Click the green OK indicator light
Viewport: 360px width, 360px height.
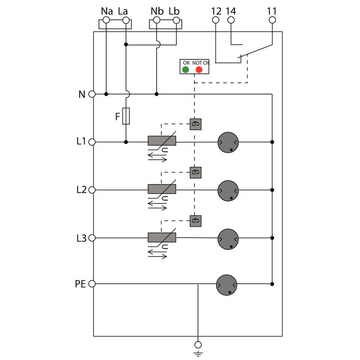[x=185, y=69]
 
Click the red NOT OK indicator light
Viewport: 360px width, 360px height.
[x=199, y=69]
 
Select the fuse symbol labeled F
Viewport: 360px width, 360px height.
[x=126, y=116]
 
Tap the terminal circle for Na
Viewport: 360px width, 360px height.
[x=106, y=20]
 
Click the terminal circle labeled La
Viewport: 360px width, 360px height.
[x=126, y=20]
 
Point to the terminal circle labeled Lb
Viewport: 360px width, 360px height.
[x=176, y=20]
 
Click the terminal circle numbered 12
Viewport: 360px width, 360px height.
[x=216, y=20]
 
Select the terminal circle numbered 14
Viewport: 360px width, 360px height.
[x=231, y=20]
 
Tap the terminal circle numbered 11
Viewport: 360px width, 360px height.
[x=272, y=20]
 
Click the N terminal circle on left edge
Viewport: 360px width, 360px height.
[x=92, y=94]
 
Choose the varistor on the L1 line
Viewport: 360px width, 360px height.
[x=162, y=141]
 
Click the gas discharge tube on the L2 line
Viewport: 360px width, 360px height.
[x=228, y=190]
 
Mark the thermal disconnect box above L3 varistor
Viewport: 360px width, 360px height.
[x=195, y=220]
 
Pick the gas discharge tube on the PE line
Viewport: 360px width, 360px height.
[x=227, y=284]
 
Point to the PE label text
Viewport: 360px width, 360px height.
[x=80, y=284]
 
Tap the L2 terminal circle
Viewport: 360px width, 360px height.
[x=92, y=190]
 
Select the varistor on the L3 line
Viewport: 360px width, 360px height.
[x=162, y=238]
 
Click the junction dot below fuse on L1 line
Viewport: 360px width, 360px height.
[x=126, y=142]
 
